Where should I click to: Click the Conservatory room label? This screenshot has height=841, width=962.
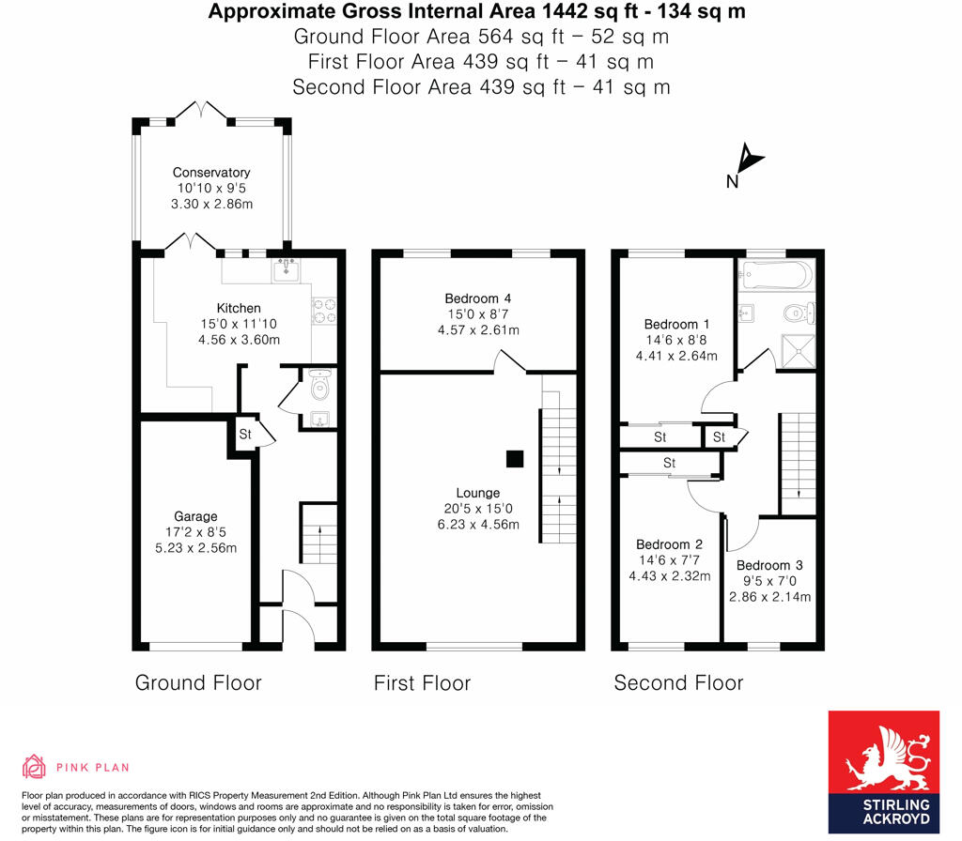211,173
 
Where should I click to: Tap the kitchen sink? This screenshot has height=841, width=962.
287,272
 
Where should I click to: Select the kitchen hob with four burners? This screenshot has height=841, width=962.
324,311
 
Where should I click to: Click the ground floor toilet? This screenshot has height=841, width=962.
320,385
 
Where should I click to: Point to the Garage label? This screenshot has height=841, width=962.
195,516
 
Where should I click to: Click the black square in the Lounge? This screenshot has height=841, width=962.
514,459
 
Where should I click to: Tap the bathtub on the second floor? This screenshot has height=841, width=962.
775,276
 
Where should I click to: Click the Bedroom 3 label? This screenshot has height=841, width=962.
769,565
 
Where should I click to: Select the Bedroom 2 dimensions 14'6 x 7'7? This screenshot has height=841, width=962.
669,560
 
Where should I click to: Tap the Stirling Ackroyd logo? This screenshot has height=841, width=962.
883,772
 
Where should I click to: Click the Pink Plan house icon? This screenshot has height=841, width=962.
35,767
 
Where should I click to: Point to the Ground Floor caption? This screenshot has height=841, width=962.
198,682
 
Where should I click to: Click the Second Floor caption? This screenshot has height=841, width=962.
678,682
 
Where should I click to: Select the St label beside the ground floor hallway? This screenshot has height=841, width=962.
245,436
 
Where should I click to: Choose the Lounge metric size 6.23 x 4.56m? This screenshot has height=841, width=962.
477,525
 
